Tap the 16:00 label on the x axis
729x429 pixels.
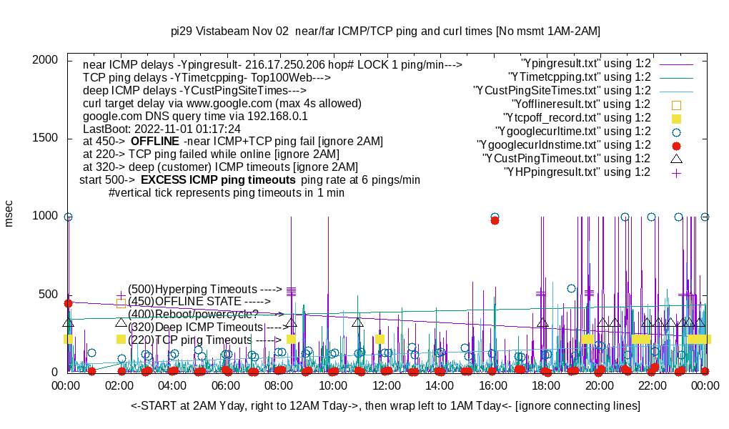click(493, 386)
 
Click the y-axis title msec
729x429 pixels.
click(9, 214)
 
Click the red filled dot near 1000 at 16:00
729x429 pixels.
click(495, 221)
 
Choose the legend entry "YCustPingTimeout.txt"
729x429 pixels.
click(567, 158)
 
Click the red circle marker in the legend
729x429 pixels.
click(677, 145)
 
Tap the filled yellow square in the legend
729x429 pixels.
click(677, 118)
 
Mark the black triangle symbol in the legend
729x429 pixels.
click(677, 158)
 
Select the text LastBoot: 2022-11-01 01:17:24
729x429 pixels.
click(162, 128)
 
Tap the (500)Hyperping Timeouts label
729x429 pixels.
click(204, 288)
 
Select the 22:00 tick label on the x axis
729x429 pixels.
click(653, 386)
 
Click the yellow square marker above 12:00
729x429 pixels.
click(380, 339)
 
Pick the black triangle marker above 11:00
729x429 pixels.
click(357, 323)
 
